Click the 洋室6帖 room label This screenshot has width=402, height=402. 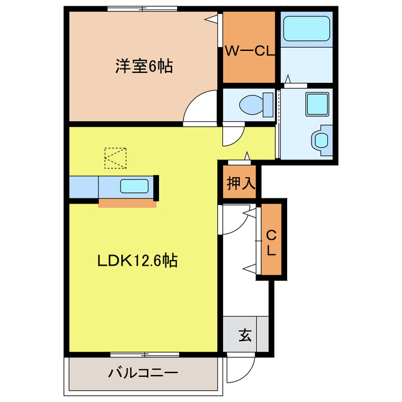(x=144, y=66)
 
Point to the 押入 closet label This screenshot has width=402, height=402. (x=241, y=183)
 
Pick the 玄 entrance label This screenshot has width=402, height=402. (x=244, y=335)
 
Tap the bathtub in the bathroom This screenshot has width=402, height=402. (x=307, y=29)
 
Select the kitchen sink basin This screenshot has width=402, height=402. (x=134, y=186)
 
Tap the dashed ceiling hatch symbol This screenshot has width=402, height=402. (x=116, y=158)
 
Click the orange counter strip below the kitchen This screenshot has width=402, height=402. (x=128, y=204)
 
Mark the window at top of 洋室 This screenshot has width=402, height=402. (x=142, y=9)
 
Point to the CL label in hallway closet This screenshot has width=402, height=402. (x=271, y=242)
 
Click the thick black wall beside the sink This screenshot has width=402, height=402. (x=156, y=186)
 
